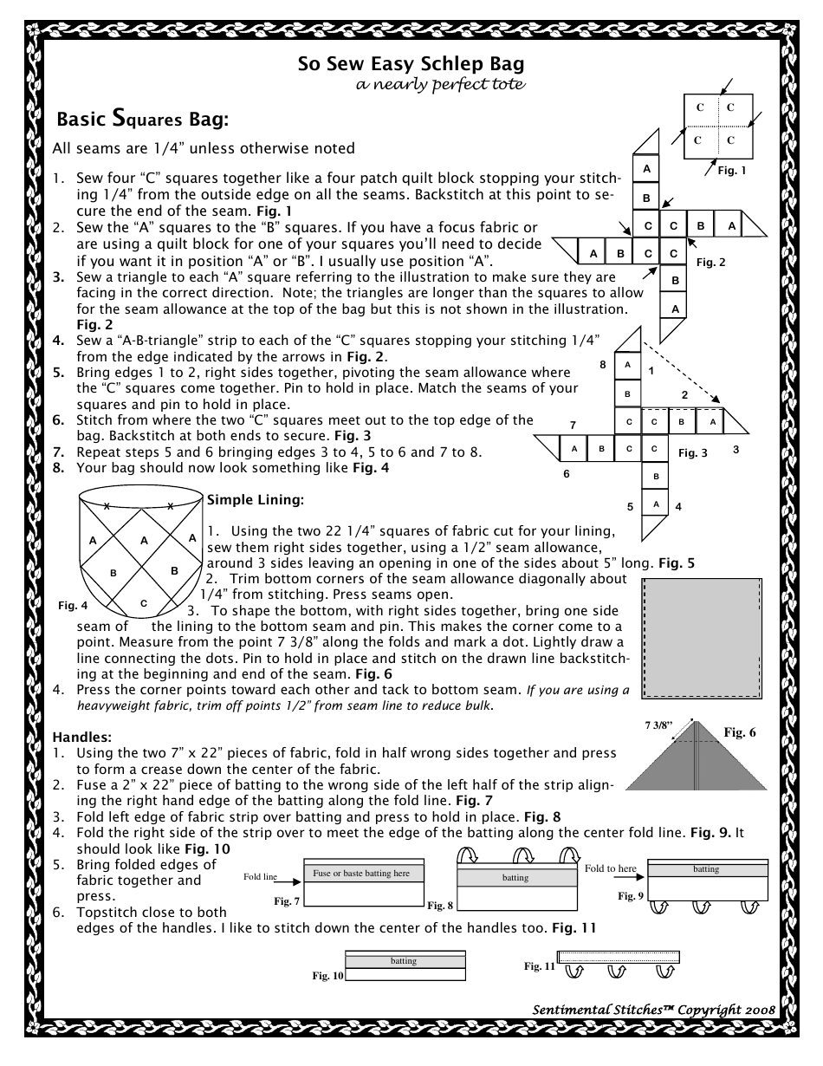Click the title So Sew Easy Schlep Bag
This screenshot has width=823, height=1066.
(411, 64)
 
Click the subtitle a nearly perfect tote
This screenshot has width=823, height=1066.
(441, 84)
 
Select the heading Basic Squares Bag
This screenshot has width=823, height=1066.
(142, 117)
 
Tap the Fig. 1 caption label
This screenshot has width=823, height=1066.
(732, 171)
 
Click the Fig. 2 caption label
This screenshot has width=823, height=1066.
(710, 262)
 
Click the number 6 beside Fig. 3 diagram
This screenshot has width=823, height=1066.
(566, 474)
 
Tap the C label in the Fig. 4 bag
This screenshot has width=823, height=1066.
(144, 602)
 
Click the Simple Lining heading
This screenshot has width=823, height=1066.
(255, 500)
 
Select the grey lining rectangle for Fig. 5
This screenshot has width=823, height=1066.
(701, 637)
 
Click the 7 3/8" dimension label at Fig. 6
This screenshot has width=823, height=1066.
(682, 722)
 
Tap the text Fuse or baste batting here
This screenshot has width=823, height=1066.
(361, 873)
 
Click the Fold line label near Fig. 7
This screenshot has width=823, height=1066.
(260, 876)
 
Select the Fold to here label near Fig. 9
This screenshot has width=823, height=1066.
(610, 868)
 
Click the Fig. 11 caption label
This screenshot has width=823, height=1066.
(539, 965)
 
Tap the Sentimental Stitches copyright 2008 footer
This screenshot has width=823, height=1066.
(653, 1010)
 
